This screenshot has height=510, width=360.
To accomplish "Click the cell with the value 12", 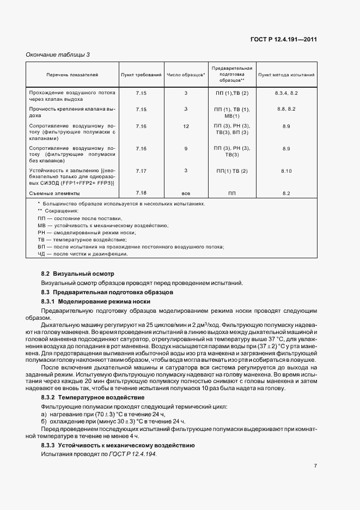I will [186, 126].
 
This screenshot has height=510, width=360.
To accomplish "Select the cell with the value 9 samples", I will [186, 149].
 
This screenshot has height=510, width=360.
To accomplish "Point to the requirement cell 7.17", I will [141, 171].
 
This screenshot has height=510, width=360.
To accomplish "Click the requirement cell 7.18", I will [141, 193].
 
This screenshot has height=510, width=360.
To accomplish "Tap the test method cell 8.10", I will [286, 171].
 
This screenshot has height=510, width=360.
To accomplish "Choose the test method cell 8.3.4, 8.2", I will [286, 94].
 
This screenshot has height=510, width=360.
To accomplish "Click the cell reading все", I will [186, 193].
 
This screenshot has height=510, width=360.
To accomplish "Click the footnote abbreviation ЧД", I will [41, 254].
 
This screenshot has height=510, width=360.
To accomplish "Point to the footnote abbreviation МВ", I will [41, 225].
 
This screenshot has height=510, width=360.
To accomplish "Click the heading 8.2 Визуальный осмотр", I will [78, 273].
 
